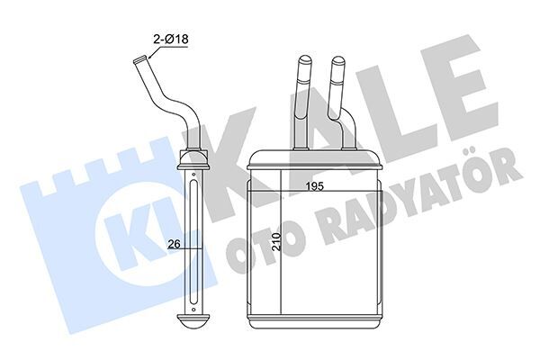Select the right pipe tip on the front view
[338, 63]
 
